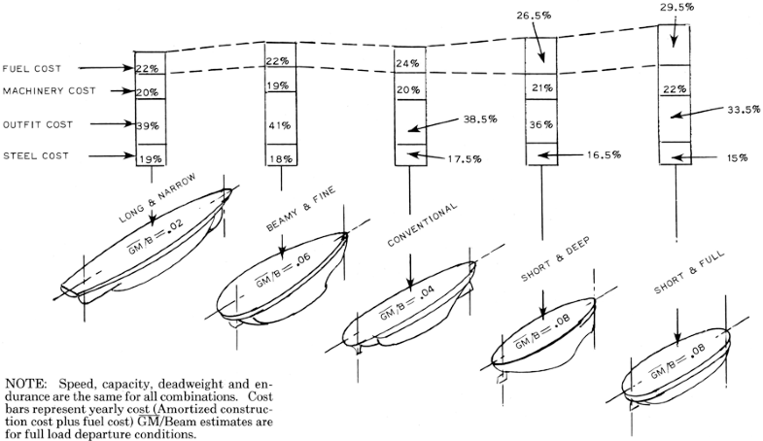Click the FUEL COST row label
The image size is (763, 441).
pos(32,69)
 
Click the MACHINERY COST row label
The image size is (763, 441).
pos(47,91)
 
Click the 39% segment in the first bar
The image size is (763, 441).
pos(147,125)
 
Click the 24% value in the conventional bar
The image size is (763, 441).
pos(409,64)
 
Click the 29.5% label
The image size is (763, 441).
pos(675,6)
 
